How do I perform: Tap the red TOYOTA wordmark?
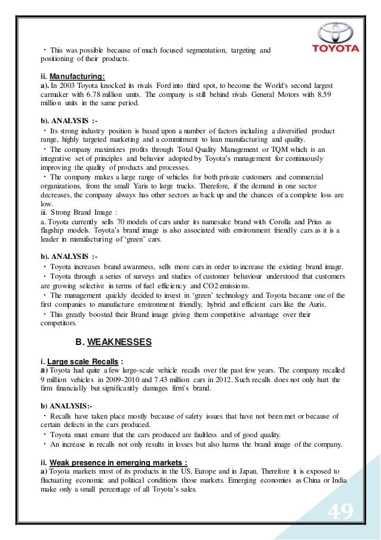pos(338,48)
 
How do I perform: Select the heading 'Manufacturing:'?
pos(77,77)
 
